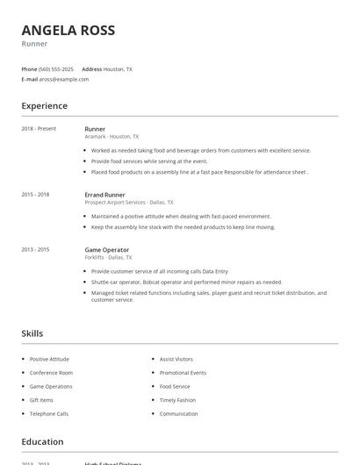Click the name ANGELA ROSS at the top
68,30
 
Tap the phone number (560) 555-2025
56,68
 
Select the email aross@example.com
63,79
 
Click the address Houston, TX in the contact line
118,68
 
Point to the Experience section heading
44,106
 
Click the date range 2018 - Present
39,129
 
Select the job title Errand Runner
105,194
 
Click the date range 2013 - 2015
35,249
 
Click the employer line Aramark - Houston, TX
112,137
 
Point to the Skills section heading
32,333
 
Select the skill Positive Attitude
49,359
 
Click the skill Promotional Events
183,373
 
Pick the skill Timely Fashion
177,400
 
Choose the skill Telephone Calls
48,413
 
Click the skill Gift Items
41,400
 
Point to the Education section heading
42,442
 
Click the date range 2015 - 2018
35,194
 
